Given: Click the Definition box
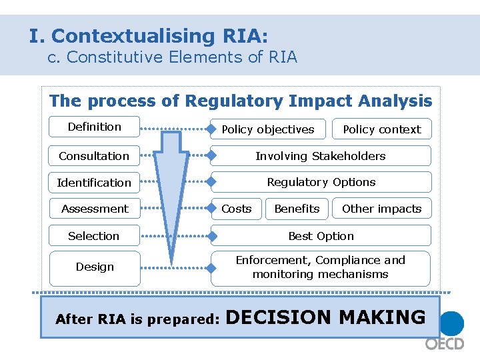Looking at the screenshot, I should [x=94, y=127].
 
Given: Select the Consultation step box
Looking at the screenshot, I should [x=94, y=156].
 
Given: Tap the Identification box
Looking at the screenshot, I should [x=94, y=183].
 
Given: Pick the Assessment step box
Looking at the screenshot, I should [x=94, y=209].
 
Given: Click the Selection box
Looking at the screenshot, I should [x=94, y=236].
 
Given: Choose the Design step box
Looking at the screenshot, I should [x=95, y=267].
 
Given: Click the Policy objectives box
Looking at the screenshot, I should [x=268, y=129].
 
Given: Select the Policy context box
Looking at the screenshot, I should [x=381, y=129].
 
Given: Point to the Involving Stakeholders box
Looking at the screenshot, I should [x=321, y=156].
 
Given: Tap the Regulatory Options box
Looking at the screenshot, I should [x=321, y=182].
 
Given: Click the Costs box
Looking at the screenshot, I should [x=237, y=209].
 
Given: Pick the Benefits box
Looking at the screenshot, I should [x=297, y=209].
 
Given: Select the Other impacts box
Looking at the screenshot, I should [x=381, y=209].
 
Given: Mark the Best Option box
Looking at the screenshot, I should [x=321, y=236].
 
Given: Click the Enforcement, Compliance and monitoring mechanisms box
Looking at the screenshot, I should [x=321, y=267].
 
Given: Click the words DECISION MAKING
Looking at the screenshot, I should [x=326, y=317].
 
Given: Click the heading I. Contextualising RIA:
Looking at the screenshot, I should [x=148, y=35].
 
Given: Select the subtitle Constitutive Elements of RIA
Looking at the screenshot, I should [x=172, y=57].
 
